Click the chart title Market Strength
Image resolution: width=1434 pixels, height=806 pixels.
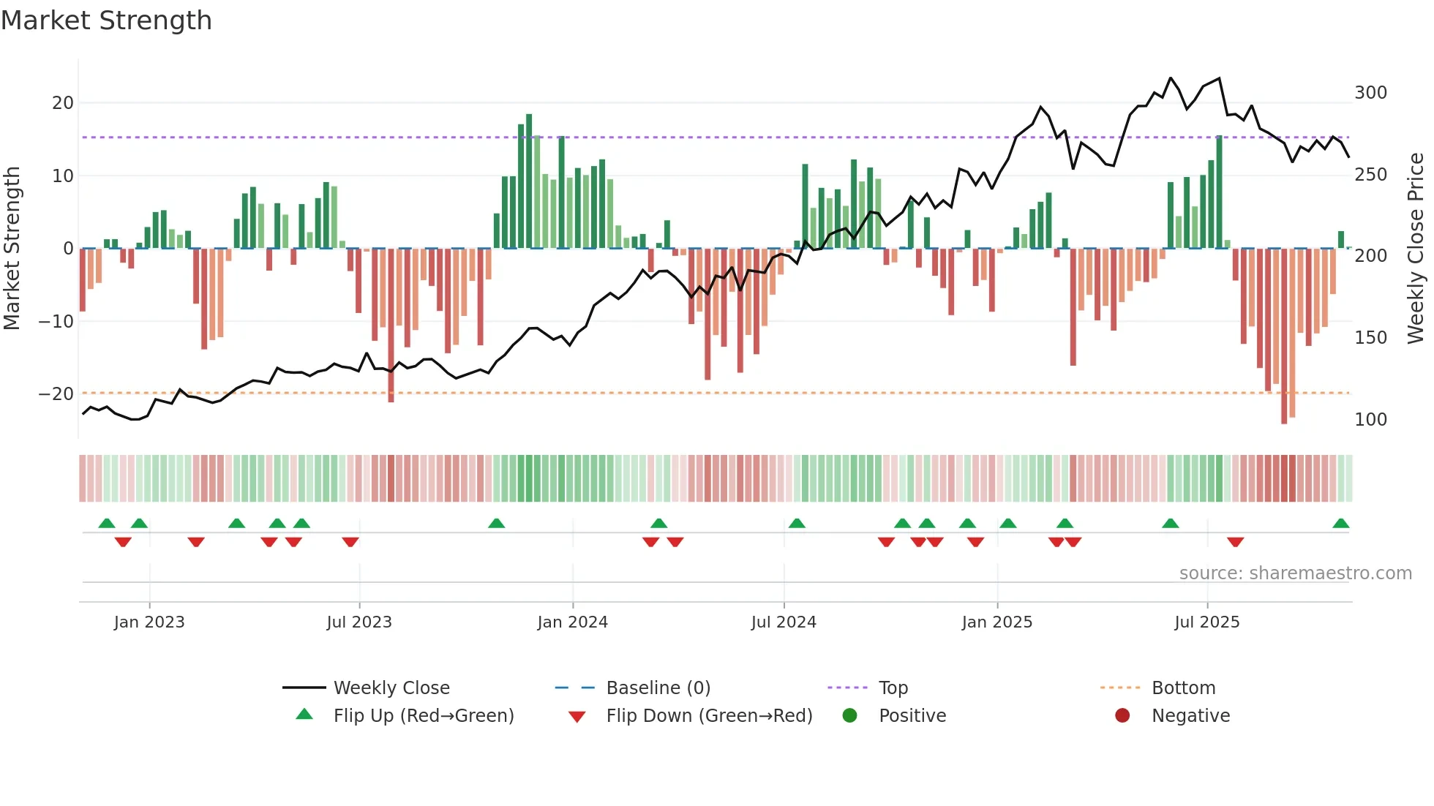[x=106, y=20]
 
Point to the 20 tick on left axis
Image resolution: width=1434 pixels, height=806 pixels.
[x=63, y=103]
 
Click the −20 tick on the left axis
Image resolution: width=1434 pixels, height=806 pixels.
[x=57, y=394]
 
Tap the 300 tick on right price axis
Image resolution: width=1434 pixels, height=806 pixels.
[x=1370, y=93]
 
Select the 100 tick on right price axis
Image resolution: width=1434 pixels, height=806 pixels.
[x=1370, y=420]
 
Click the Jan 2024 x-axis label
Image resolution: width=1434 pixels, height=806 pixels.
[x=572, y=622]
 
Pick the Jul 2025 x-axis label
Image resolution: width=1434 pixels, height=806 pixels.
[x=1206, y=622]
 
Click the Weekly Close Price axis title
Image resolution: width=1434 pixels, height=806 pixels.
[x=1416, y=249]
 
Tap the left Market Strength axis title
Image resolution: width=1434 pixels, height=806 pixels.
[x=12, y=249]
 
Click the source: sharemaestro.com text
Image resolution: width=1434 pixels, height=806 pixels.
[x=1295, y=573]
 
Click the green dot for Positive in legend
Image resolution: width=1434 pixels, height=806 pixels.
[x=849, y=715]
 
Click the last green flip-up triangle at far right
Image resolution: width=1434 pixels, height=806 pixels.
[x=1340, y=524]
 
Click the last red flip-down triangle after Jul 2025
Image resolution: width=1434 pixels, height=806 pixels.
[x=1235, y=542]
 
